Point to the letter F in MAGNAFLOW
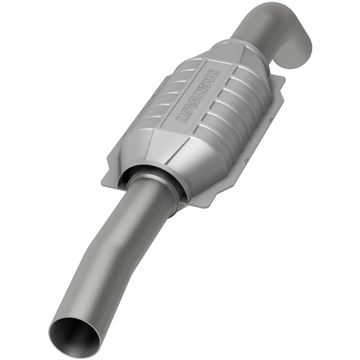tap(194, 103)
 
